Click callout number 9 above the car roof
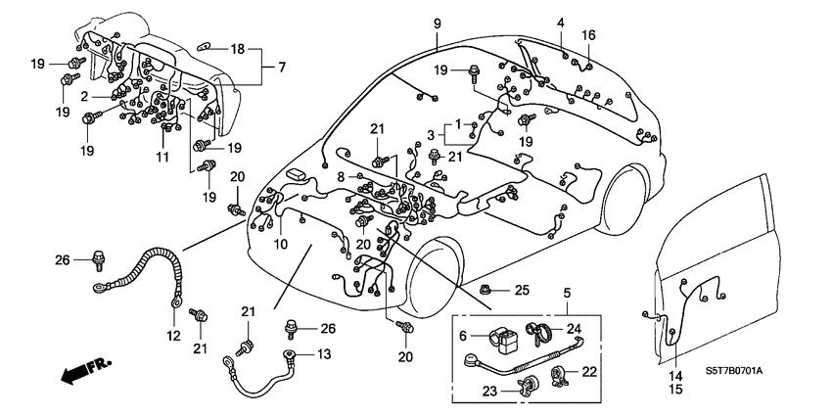438,23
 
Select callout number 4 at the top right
561,23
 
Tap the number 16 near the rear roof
588,35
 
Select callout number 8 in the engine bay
342,177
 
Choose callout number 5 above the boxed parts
566,292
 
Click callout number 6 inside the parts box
466,336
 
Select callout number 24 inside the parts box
574,328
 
